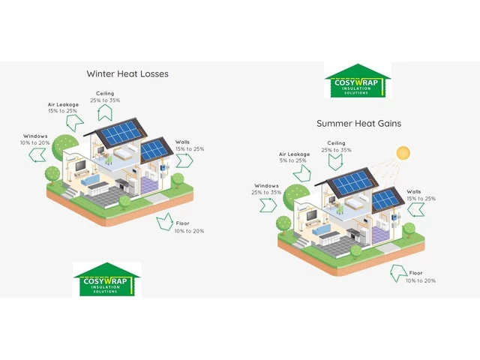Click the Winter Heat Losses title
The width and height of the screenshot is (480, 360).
tap(127, 73)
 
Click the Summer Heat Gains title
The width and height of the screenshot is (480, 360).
tap(358, 123)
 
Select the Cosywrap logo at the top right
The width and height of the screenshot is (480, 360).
tap(358, 81)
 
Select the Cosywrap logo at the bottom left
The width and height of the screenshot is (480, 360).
tap(106, 280)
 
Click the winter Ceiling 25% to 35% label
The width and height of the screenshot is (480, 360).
tap(104, 96)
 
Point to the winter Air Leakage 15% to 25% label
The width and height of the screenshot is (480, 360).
tap(62, 107)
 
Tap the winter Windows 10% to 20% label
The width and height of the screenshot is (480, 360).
tap(35, 139)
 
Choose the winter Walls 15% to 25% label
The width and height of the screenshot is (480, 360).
tap(189, 145)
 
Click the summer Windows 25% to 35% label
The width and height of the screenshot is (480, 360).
tap(267, 189)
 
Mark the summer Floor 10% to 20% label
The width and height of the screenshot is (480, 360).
tap(420, 277)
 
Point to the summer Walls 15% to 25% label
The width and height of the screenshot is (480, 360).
tap(420, 195)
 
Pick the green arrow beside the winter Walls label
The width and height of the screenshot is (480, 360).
tap(184, 160)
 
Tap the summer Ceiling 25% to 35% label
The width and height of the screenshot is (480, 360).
tap(336, 146)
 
